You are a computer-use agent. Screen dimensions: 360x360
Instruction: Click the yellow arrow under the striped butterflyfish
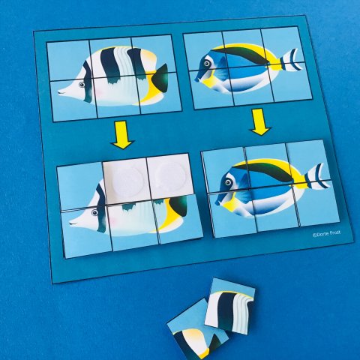pyautogui.click(x=121, y=136)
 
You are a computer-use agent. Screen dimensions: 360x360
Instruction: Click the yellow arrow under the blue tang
pyautogui.click(x=260, y=122)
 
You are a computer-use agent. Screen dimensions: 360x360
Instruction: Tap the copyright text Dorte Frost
pyautogui.click(x=326, y=233)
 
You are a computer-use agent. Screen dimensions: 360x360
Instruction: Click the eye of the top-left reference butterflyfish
pyautogui.click(x=82, y=85)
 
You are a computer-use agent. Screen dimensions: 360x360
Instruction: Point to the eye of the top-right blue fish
pyautogui.click(x=207, y=64)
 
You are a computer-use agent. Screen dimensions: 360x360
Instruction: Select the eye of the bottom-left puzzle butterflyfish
pyautogui.click(x=94, y=213)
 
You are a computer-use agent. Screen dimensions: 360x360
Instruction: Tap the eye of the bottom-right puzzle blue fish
pyautogui.click(x=228, y=182)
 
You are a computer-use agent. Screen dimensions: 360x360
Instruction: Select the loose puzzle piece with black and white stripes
pyautogui.click(x=230, y=305)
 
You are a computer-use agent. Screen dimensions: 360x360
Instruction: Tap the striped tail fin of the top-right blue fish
pyautogui.click(x=290, y=60)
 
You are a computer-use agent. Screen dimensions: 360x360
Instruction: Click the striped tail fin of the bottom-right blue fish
pyautogui.click(x=317, y=176)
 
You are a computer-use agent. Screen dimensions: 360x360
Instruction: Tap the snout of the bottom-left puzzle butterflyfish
pyautogui.click(x=73, y=221)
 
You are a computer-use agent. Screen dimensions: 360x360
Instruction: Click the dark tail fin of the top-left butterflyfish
pyautogui.click(x=160, y=78)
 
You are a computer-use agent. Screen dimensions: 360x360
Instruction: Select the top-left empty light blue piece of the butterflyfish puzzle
pyautogui.click(x=80, y=185)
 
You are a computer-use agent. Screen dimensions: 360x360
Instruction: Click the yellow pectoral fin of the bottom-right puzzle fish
pyautogui.click(x=230, y=205)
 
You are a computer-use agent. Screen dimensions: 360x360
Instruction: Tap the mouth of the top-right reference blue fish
pyautogui.click(x=196, y=79)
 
